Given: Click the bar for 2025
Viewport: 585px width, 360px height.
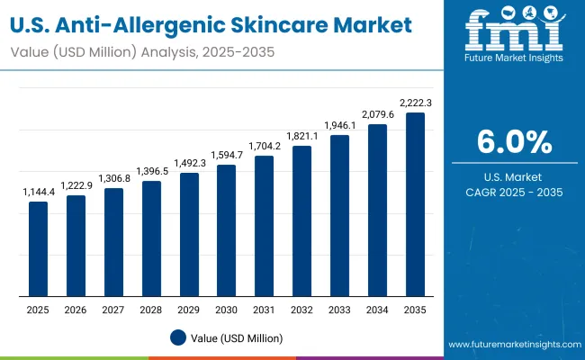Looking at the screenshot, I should [38, 248].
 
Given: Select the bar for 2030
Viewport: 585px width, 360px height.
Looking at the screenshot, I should [227, 229].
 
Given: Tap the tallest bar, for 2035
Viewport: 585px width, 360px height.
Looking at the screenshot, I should [415, 204].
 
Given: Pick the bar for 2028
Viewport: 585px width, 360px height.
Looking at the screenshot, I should [151, 238].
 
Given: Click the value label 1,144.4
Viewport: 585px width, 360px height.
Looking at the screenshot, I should [38, 193].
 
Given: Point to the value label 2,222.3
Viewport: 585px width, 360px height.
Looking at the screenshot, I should [415, 103].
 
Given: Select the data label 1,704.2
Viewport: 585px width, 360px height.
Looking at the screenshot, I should [265, 147].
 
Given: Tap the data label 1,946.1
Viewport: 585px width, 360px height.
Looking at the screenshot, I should [340, 126].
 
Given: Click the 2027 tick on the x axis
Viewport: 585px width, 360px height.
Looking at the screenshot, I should [113, 310].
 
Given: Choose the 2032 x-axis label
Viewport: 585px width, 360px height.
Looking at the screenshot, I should [302, 310].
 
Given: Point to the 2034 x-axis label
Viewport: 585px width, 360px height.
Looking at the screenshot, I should [377, 310].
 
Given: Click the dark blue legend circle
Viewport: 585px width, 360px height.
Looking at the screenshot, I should [178, 338].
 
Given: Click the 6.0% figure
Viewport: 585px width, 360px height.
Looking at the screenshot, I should [514, 142].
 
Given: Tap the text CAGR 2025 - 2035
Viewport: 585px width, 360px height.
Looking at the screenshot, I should [514, 192].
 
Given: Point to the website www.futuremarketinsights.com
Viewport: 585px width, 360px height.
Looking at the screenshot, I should [514, 346].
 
